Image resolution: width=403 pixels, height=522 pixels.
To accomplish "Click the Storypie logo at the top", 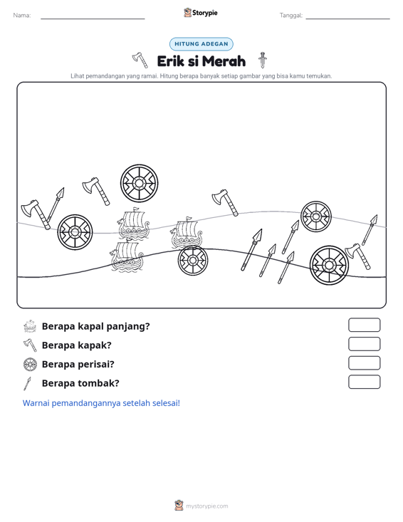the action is tap(201, 13).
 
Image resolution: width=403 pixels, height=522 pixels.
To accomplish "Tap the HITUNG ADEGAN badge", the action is tap(201, 44).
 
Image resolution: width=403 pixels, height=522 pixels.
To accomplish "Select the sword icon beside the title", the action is tap(263, 60).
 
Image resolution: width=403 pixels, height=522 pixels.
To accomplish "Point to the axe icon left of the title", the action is tap(140, 60).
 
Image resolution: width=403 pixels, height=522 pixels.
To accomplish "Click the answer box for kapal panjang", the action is tap(365, 325).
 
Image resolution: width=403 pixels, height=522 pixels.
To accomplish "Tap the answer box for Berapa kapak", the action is tap(365, 344).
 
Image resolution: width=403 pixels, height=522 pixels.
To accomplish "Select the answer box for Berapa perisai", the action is tap(365, 363).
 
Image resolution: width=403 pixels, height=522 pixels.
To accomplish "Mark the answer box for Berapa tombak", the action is tap(365, 382).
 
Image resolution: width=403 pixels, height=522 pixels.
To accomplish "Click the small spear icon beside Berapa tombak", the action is tap(27, 384).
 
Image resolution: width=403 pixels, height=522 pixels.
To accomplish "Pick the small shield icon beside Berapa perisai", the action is tap(30, 365).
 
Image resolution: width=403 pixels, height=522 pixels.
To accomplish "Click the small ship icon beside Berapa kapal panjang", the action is tap(30, 326).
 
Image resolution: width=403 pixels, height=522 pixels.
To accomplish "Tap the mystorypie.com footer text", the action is tap(207, 506).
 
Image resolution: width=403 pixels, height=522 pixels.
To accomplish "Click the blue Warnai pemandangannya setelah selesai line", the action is tap(101, 403).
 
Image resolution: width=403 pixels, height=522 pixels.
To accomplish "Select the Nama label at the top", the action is tap(22, 16).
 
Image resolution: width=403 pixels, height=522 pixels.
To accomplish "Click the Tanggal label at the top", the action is tap(291, 16).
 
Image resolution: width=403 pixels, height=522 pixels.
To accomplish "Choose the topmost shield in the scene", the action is tap(139, 183).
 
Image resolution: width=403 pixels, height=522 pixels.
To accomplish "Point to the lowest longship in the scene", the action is tap(127, 256).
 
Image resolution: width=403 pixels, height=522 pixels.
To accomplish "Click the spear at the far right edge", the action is tap(370, 230).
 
